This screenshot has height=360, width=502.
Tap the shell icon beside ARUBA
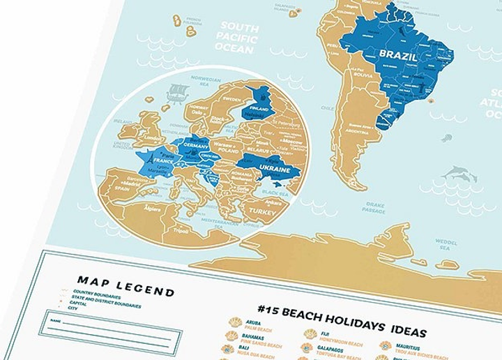[x=234, y=325]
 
